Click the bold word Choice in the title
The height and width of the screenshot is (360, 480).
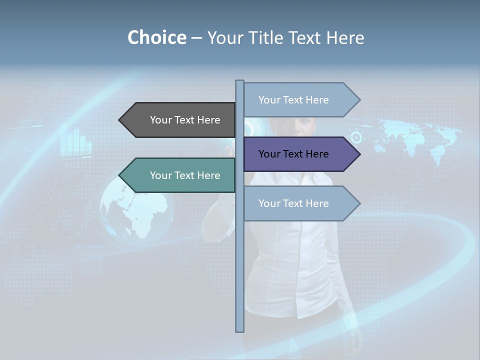[x=156, y=38]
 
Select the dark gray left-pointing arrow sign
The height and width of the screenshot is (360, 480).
[x=177, y=120]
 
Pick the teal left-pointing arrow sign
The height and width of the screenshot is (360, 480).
[x=177, y=175]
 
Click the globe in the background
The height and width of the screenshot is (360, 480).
[x=136, y=210]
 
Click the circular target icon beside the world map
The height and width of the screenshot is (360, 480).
[x=356, y=136]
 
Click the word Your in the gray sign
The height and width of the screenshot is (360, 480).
[x=160, y=120]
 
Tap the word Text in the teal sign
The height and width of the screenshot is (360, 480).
[x=184, y=175]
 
